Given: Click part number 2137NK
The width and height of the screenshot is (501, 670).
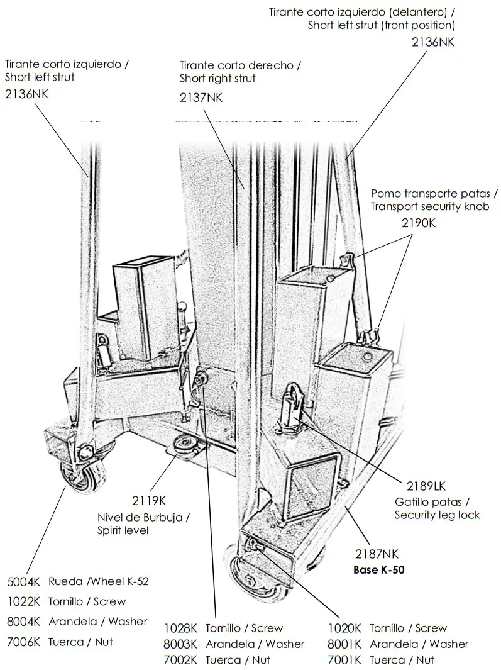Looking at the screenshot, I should coord(201,97).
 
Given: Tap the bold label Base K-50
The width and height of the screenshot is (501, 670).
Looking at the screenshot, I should coord(378,571).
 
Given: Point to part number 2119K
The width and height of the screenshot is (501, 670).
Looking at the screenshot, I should coord(148,501).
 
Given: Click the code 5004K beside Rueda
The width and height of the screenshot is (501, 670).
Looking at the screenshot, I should coord(24,581).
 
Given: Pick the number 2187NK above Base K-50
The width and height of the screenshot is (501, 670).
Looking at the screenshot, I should coord(377,554).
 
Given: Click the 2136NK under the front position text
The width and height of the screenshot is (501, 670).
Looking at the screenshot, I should coord(432,42).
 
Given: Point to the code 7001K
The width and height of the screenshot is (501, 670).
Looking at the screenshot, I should coord(344,660).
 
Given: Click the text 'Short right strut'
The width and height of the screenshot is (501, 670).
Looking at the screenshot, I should coord(217,79).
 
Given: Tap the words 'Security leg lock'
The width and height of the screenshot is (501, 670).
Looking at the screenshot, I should coord(437,515).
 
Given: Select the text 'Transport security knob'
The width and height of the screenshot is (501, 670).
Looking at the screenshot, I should coord(429,207).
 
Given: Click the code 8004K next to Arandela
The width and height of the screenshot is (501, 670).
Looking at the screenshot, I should coord(24,622).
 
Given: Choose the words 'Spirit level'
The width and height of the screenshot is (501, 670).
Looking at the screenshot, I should coord(123,530).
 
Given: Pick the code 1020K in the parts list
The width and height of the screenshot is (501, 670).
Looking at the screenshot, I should coord(344,628).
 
